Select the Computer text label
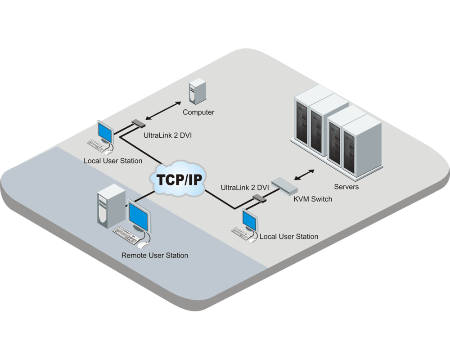[198, 112]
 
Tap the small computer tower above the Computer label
[196, 90]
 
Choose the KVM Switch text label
[312, 198]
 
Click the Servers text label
[346, 186]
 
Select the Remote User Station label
[155, 255]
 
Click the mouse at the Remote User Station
[143, 246]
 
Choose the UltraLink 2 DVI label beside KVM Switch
[245, 186]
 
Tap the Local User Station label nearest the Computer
[113, 161]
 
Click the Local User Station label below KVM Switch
[289, 236]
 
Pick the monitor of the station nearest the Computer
[105, 130]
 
